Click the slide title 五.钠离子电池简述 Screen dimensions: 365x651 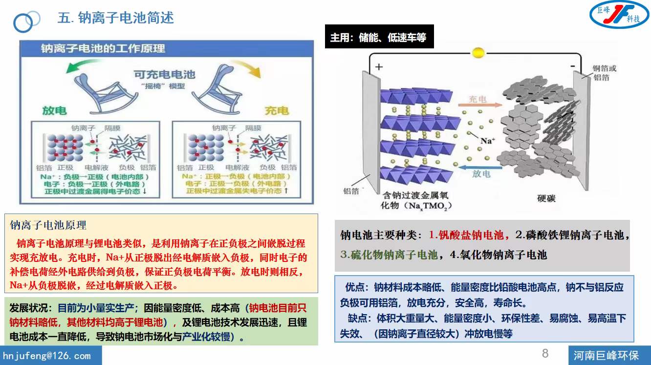(115, 18)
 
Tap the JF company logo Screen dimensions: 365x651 (619, 15)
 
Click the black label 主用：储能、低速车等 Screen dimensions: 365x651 (378, 38)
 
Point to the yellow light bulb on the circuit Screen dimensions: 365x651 (477, 52)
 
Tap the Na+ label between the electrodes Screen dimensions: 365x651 (487, 141)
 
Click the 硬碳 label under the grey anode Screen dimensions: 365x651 (546, 198)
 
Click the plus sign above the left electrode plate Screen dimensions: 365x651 (379, 67)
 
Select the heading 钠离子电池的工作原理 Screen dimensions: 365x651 (103, 48)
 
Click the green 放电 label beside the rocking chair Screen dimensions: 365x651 (54, 111)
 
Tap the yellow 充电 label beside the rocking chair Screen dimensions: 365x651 (277, 111)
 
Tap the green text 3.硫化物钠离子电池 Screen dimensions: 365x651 (389, 255)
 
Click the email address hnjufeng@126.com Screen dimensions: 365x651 (47, 356)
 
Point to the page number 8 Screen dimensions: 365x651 (545, 353)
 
